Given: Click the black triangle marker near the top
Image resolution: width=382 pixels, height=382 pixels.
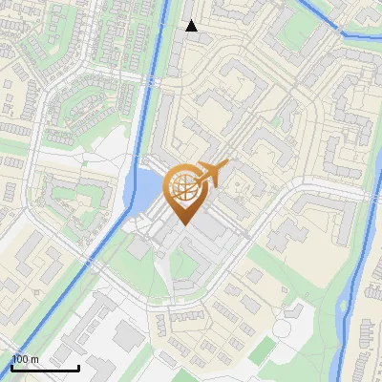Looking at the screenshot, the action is click(191, 26).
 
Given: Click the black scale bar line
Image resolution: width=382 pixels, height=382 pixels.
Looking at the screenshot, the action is click(45, 369).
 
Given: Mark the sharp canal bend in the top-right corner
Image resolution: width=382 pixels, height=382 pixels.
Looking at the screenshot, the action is click(343, 35).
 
